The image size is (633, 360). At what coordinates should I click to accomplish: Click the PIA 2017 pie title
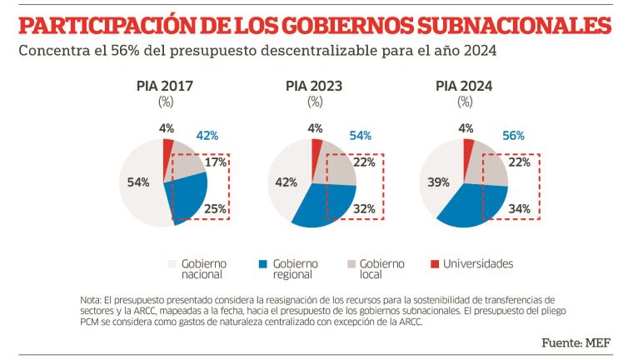[x=164, y=85]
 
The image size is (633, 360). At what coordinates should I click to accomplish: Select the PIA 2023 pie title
[x=314, y=85]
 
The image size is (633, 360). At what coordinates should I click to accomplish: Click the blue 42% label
[x=207, y=136]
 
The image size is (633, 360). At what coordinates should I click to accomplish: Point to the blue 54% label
[x=360, y=136]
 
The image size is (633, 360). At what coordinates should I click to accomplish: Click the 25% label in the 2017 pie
[x=216, y=208]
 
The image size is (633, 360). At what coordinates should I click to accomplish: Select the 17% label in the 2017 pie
[x=216, y=162]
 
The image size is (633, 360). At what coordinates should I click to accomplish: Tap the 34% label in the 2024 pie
[x=519, y=208]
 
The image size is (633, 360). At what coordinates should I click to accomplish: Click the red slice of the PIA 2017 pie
[x=167, y=150]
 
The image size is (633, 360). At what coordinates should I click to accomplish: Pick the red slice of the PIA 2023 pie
[x=316, y=149]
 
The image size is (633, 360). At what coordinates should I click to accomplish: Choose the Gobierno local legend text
[x=382, y=269]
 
